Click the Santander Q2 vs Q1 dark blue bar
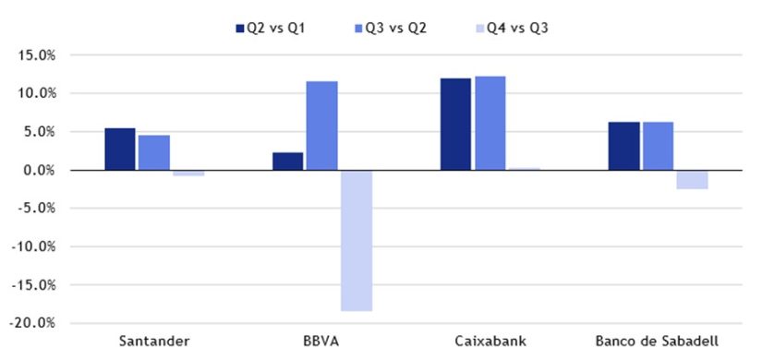(x=120, y=150)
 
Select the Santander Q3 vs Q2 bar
(x=154, y=153)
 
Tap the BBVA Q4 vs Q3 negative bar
(x=357, y=241)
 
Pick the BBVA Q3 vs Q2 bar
(x=322, y=126)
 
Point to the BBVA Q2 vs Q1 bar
(x=288, y=162)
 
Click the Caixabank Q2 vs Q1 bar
(x=455, y=125)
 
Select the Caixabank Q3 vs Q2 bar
(x=490, y=124)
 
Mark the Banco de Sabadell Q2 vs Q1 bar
(x=623, y=146)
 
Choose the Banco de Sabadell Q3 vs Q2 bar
(x=658, y=146)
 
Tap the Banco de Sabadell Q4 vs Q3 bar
(x=692, y=179)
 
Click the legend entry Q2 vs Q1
(x=270, y=28)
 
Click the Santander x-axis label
(x=154, y=342)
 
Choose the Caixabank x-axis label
(x=490, y=342)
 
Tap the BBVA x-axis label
(x=322, y=342)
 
